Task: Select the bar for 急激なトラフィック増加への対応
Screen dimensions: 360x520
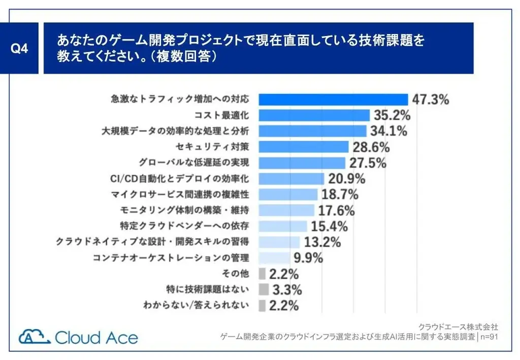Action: pos(333,100)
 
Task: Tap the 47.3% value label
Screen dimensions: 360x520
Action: pos(430,100)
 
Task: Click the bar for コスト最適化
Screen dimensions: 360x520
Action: pos(314,115)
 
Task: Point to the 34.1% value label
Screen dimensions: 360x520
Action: pos(388,131)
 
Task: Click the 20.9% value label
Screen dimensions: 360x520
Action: pos(347,179)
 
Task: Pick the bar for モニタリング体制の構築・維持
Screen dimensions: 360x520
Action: pos(286,210)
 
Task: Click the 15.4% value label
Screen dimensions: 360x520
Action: pos(329,226)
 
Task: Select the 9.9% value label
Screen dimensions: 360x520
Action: pos(308,258)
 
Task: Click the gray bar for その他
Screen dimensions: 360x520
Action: pos(262,274)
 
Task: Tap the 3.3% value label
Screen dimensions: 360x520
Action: pos(287,289)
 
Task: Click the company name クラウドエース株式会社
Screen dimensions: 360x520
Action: pos(458,326)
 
